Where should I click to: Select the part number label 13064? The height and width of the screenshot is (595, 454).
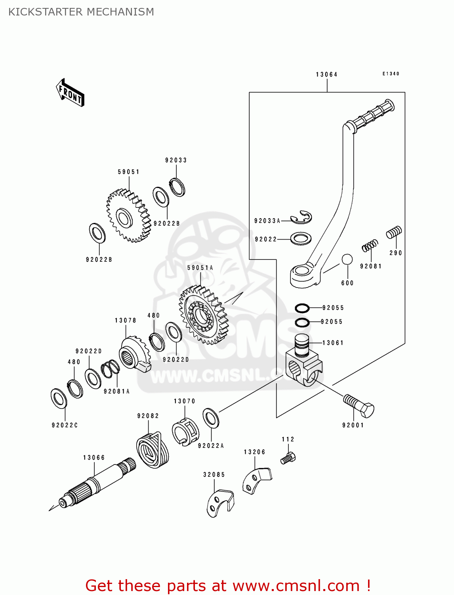tap(326, 75)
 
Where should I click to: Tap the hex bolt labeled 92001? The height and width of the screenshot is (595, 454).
tap(359, 405)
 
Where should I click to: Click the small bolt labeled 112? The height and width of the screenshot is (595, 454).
tap(288, 458)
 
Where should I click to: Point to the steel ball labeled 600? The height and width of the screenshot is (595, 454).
tap(347, 259)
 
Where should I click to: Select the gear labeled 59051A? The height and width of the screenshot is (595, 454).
tap(204, 315)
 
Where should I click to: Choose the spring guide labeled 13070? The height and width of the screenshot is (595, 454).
tap(185, 432)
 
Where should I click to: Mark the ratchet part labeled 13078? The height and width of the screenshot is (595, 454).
tap(135, 354)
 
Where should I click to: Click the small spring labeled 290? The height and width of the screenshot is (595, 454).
tap(394, 232)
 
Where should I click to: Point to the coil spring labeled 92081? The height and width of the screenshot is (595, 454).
tap(370, 246)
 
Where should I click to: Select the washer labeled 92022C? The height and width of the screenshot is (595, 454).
tap(59, 398)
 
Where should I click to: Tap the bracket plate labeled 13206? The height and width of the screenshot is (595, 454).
tap(256, 480)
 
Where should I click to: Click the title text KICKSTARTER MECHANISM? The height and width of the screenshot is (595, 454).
tap(81, 12)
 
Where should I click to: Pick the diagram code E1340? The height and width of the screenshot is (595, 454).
tap(391, 74)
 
